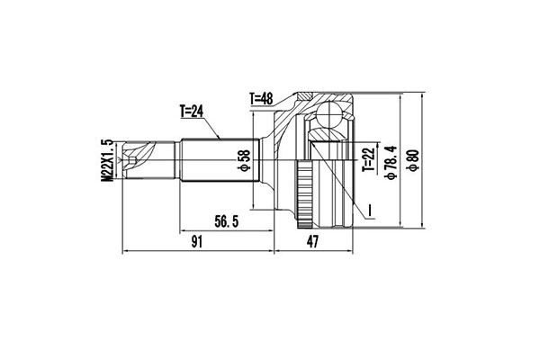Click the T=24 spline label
coord(193,112)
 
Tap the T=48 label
coord(262,97)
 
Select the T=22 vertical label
coord(367,157)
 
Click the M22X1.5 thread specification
coord(107,161)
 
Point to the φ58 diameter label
coord(242,159)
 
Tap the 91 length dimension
coord(196,240)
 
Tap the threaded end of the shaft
coord(135,160)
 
